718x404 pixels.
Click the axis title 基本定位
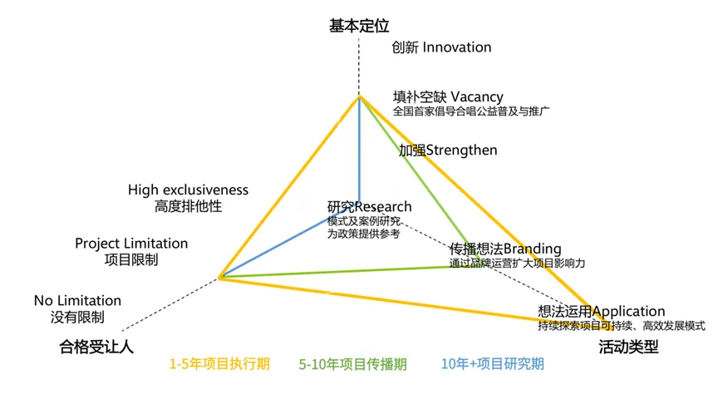pyautogui.click(x=359, y=27)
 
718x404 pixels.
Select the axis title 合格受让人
pyautogui.click(x=96, y=347)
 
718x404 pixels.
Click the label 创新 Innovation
pyautogui.click(x=441, y=47)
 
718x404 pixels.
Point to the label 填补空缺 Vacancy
pyautogui.click(x=448, y=97)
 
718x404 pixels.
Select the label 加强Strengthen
pyautogui.click(x=448, y=150)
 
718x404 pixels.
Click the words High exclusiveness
pyautogui.click(x=188, y=190)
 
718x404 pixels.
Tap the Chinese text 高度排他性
pyautogui.click(x=188, y=206)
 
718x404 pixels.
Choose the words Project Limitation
pyautogui.click(x=131, y=244)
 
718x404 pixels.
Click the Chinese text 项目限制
pyautogui.click(x=131, y=259)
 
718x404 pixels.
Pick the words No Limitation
pyautogui.click(x=77, y=300)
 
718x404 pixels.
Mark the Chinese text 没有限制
pyautogui.click(x=77, y=317)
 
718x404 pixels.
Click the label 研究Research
pyautogui.click(x=369, y=207)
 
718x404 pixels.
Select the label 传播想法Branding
pyautogui.click(x=505, y=249)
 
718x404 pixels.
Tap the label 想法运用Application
pyautogui.click(x=601, y=312)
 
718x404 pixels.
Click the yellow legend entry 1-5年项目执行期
pyautogui.click(x=219, y=364)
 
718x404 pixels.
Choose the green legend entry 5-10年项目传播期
pyautogui.click(x=353, y=364)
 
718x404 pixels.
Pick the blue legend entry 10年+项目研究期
pyautogui.click(x=493, y=364)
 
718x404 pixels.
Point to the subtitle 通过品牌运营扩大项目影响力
pyautogui.click(x=517, y=263)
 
